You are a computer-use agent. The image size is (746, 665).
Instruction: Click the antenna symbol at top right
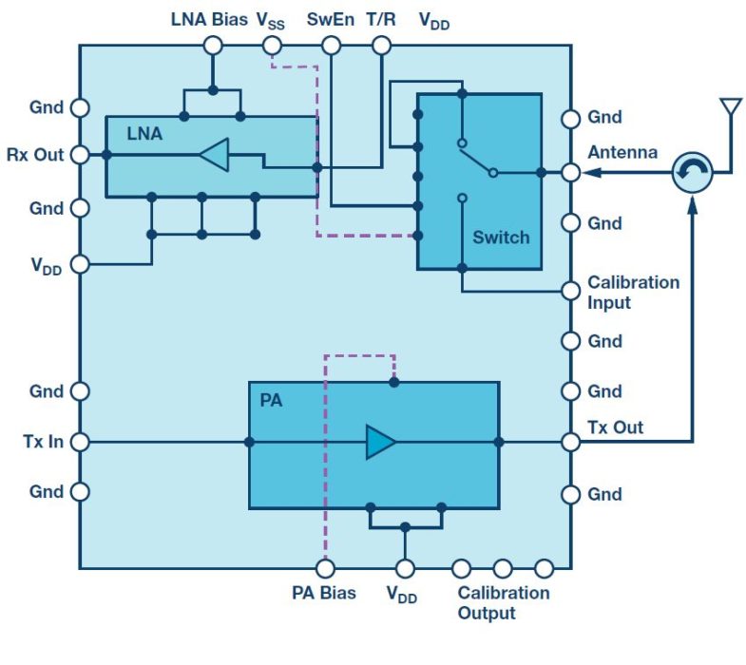pos(730,106)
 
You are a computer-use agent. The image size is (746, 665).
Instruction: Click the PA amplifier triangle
pos(381,442)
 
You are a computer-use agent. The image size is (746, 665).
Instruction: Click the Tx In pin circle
pos(80,442)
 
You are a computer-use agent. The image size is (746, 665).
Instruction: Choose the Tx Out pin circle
pos(570,442)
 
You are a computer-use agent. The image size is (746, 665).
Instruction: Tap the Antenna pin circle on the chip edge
pos(570,173)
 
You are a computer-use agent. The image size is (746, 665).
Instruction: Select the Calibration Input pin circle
pos(570,291)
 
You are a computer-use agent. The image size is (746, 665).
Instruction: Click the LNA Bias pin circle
pos(213,45)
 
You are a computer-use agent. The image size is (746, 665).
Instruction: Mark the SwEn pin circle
pos(331,45)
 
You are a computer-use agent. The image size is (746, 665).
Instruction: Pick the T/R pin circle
pos(381,45)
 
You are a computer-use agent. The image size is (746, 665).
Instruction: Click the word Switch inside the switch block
pos(501,237)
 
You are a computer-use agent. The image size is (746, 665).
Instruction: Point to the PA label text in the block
pos(271,400)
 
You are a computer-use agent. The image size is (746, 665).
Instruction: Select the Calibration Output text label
pos(503,602)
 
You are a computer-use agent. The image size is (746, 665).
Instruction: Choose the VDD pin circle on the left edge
pos(80,264)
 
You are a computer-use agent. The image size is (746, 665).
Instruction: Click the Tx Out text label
pos(615,427)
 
